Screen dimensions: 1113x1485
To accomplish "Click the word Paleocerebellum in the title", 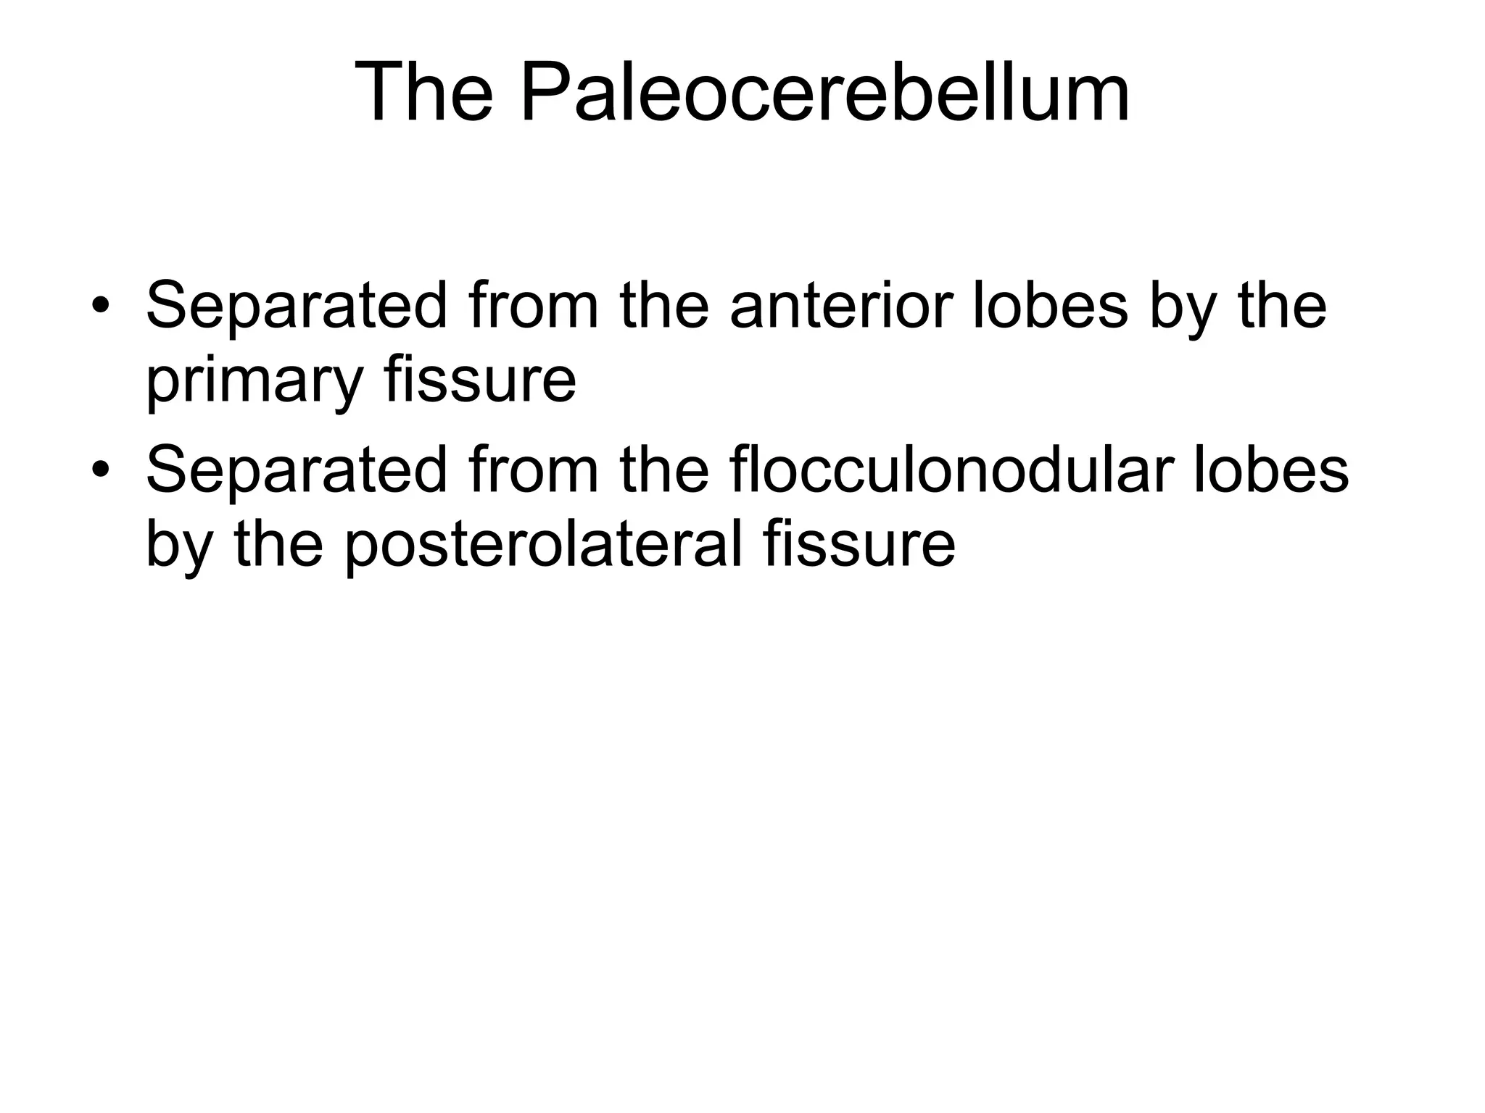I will (824, 93).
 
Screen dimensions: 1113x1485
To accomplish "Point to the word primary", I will (252, 380).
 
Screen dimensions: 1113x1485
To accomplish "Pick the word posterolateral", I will (543, 545).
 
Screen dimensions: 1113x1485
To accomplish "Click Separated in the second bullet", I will (297, 470).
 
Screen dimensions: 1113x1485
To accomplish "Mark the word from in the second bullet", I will (534, 470).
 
